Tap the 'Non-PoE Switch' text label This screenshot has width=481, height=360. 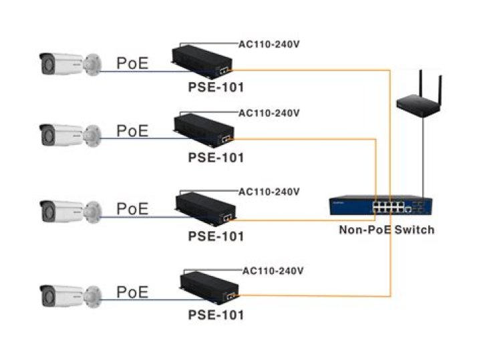(387, 230)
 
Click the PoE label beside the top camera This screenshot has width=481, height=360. (133, 63)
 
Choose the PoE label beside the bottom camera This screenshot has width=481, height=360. (133, 292)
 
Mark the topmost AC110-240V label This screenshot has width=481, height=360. (269, 45)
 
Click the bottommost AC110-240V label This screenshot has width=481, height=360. (273, 271)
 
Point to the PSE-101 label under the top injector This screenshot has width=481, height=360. (215, 87)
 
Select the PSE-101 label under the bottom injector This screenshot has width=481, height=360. (216, 314)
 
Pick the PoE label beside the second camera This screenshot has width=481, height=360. (133, 131)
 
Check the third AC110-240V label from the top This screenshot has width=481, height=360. (269, 192)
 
